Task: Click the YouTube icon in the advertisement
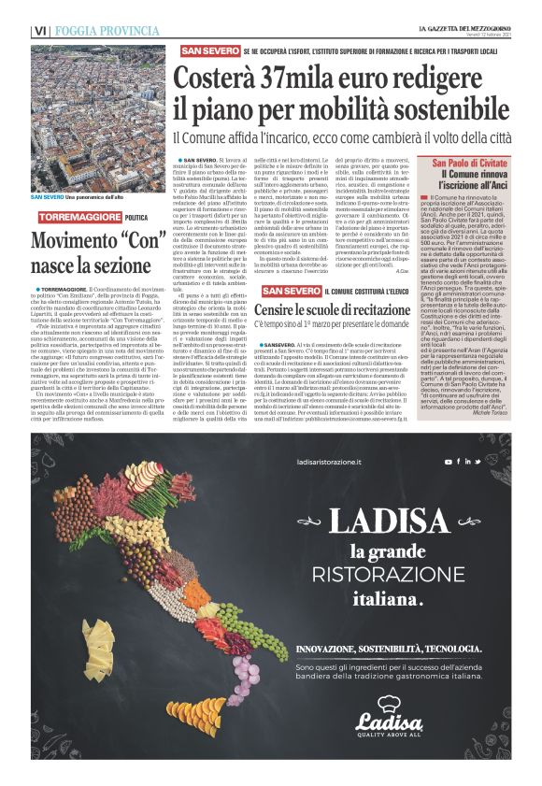pos(449,461)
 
